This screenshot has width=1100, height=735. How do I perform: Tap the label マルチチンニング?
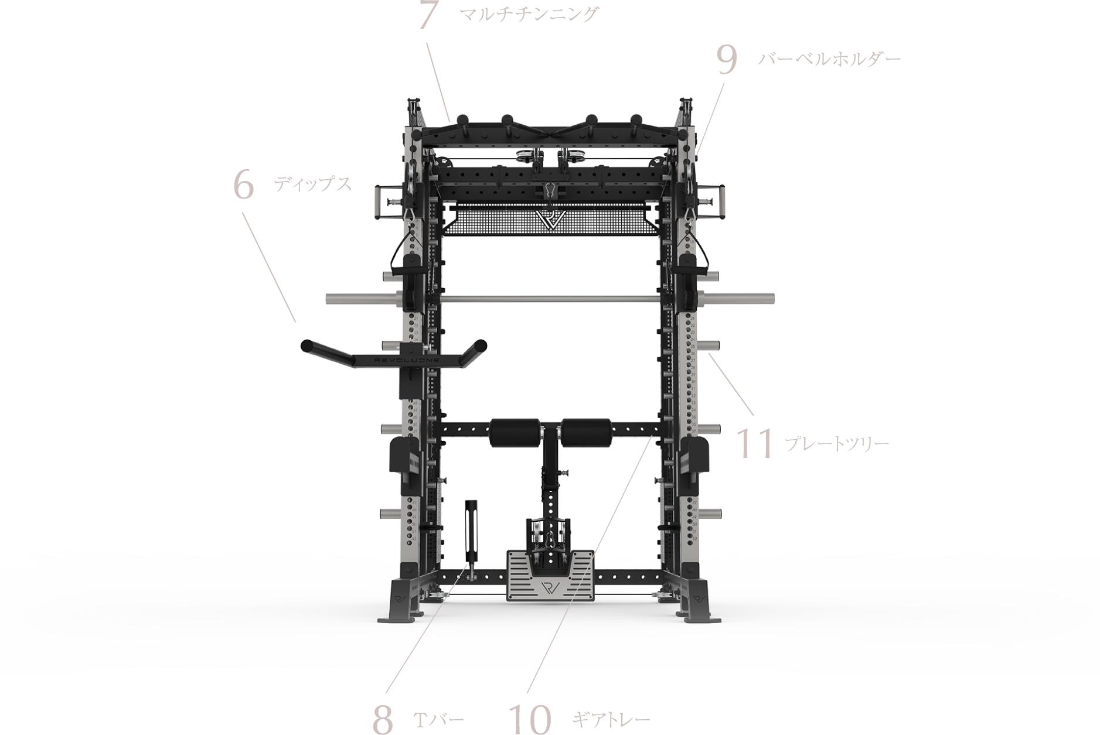[529, 14]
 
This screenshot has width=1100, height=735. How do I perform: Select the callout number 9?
[727, 60]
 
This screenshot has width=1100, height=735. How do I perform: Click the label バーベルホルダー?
[829, 59]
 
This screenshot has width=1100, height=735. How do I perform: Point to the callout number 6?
[244, 185]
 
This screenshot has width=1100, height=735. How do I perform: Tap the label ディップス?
[313, 184]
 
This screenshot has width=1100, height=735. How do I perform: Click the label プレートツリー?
[837, 443]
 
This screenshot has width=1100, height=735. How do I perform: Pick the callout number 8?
[383, 719]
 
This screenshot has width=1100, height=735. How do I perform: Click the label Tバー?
[439, 719]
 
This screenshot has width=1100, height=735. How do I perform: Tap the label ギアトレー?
[611, 719]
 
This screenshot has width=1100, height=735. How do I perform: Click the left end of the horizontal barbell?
[326, 298]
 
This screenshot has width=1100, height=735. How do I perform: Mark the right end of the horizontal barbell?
[773, 298]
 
